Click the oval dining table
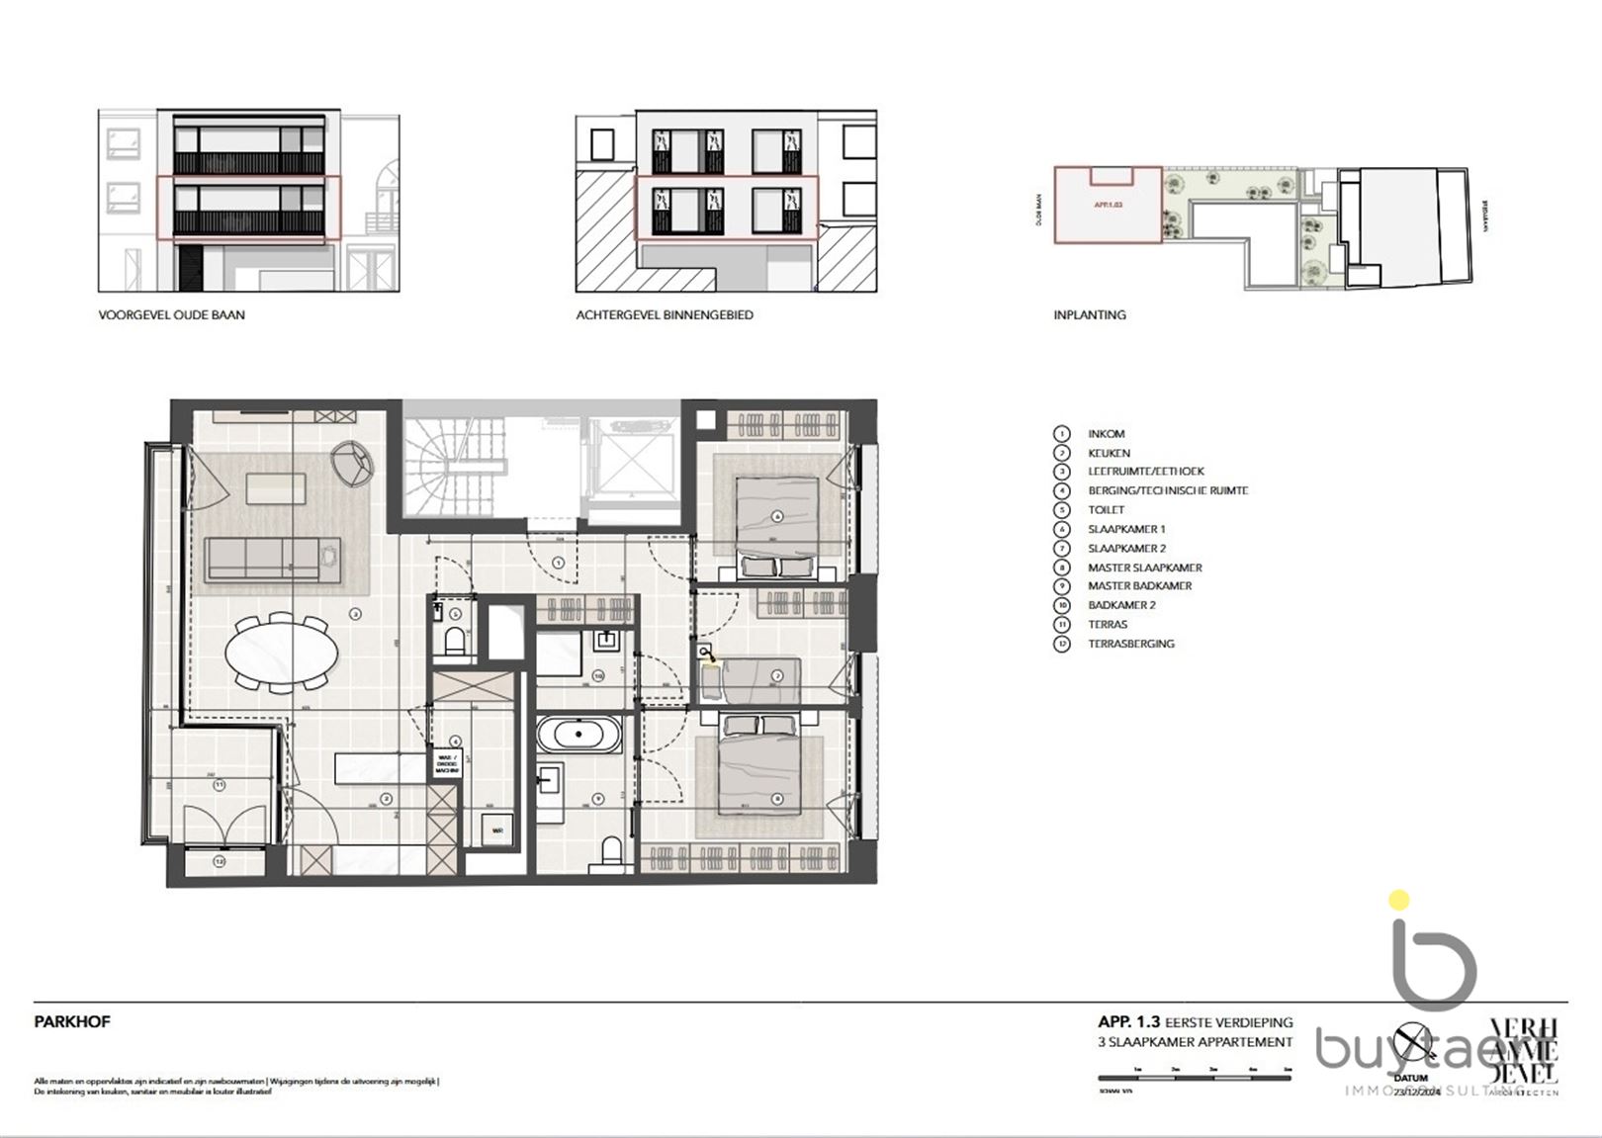tap(281, 652)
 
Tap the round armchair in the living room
tap(354, 462)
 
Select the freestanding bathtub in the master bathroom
tap(579, 735)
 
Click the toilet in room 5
tap(454, 642)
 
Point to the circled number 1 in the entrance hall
tap(559, 563)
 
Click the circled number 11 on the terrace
tap(219, 785)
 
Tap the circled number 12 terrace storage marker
tap(219, 862)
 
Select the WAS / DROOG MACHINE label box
tap(447, 763)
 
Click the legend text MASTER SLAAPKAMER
tap(1144, 568)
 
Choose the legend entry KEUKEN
tap(1109, 453)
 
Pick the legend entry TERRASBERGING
tap(1131, 644)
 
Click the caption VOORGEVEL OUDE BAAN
tap(171, 315)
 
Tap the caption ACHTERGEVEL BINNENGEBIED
tap(665, 315)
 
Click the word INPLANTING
tap(1089, 315)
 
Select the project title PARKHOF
tap(72, 1022)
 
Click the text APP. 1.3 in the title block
tap(1128, 1022)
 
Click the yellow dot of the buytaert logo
tap(1398, 901)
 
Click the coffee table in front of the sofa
tap(276, 488)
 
